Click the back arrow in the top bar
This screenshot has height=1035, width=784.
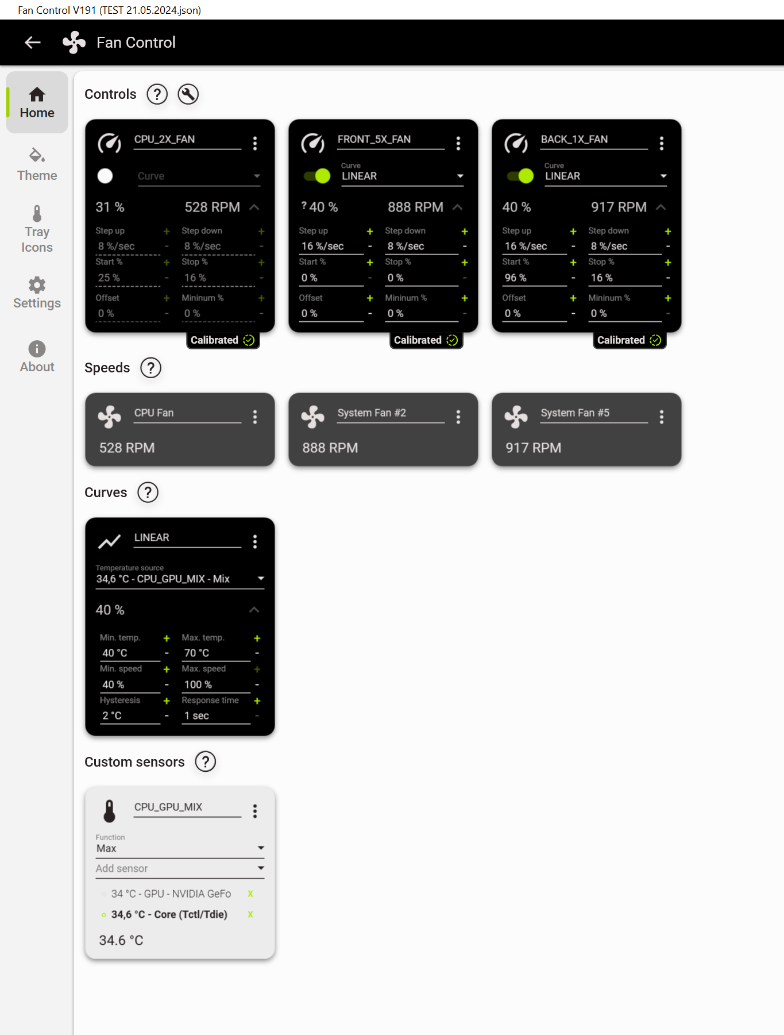click(x=33, y=43)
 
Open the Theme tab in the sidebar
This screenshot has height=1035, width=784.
click(x=37, y=165)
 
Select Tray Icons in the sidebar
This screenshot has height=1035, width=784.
click(x=37, y=229)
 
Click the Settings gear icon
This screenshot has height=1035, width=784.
click(x=37, y=285)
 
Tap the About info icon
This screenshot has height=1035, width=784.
click(x=37, y=349)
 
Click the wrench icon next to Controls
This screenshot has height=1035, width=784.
click(x=188, y=94)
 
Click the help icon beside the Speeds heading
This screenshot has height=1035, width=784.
click(x=150, y=368)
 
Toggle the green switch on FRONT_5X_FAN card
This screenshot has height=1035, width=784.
click(x=317, y=176)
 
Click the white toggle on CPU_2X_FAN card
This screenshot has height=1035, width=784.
click(x=105, y=176)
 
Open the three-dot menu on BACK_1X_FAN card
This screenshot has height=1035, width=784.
click(x=662, y=143)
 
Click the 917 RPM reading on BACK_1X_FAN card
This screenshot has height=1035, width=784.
click(x=619, y=207)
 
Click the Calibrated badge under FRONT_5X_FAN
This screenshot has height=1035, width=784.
click(x=426, y=340)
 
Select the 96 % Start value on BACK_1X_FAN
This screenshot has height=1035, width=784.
click(x=515, y=278)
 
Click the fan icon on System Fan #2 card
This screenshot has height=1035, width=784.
click(x=312, y=417)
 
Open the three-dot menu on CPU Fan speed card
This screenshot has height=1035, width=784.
click(x=255, y=417)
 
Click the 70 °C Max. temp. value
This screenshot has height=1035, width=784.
click(x=196, y=653)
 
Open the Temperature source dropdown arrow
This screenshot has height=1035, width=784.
click(x=261, y=578)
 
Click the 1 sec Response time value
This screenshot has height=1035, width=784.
click(x=196, y=715)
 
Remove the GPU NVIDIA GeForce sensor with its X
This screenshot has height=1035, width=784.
click(x=250, y=894)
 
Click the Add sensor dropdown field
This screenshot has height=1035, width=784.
click(x=180, y=868)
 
